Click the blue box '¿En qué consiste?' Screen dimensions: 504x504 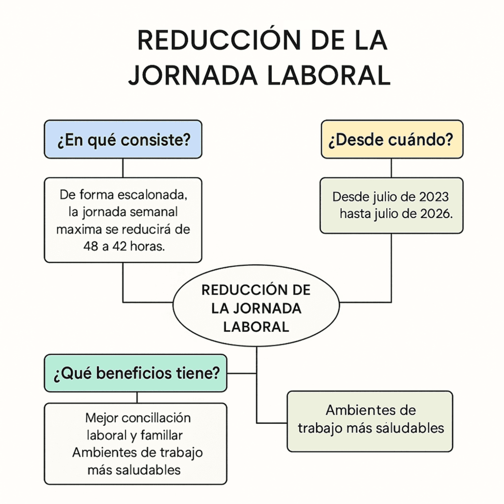pyautogui.click(x=123, y=139)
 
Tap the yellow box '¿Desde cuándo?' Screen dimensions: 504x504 pyautogui.click(x=392, y=139)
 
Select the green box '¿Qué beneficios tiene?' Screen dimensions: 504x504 pyautogui.click(x=135, y=373)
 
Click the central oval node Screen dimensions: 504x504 pyautogui.click(x=256, y=306)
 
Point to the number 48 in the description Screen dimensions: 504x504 pyautogui.click(x=91, y=246)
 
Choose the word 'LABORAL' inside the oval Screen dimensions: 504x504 pyautogui.click(x=256, y=327)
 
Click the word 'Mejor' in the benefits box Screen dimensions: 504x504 pyautogui.click(x=101, y=418)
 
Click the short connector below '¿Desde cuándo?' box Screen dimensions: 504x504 pyautogui.click(x=391, y=168)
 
